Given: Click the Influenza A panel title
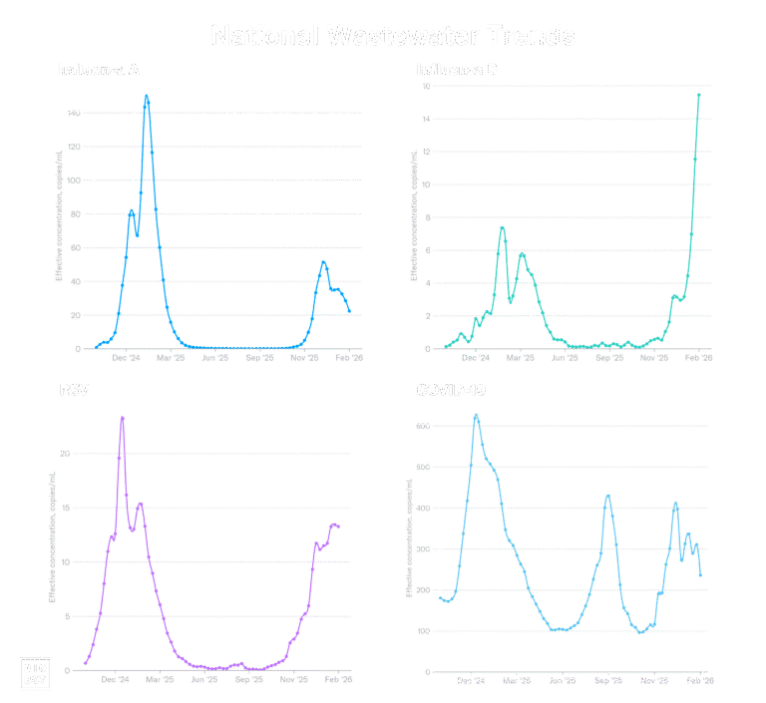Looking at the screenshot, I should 99,70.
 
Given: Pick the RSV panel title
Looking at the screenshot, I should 74,389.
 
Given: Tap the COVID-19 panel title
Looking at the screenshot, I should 450,389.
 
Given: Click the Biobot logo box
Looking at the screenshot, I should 35,672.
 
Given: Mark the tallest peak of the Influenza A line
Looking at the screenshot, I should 147,97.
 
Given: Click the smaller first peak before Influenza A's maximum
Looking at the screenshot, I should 131,210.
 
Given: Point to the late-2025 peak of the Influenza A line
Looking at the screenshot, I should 323,262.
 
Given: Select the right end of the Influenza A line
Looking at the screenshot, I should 349,313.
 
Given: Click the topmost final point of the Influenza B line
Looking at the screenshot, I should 698,94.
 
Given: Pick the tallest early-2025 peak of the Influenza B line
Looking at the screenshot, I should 502,227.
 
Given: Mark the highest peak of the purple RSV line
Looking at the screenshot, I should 122,418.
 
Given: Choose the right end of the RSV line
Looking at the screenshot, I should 339,527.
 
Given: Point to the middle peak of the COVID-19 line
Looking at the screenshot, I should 607,497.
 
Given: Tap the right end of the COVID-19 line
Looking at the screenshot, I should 700,575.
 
